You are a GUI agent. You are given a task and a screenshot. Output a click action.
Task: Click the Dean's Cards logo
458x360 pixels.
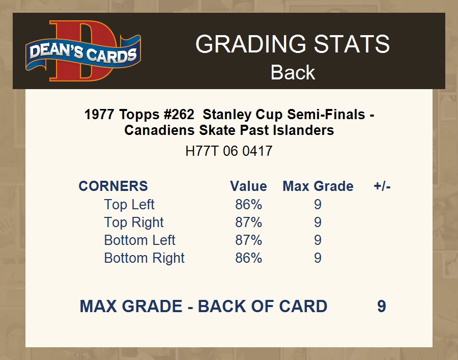tap(83, 51)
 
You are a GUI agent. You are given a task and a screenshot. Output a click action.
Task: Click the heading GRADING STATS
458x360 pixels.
tap(293, 44)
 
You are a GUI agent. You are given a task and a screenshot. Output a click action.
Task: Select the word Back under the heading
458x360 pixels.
tap(293, 72)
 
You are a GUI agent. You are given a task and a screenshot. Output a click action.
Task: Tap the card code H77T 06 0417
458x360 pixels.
tap(228, 151)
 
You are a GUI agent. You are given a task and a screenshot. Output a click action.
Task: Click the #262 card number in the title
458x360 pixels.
tap(179, 114)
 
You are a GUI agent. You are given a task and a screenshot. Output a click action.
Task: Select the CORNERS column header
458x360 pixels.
tap(113, 186)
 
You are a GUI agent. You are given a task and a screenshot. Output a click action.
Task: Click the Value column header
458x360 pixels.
tap(248, 186)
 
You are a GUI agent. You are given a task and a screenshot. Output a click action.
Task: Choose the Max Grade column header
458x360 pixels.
tap(318, 186)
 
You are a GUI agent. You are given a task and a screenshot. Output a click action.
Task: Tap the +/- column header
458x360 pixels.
tap(382, 186)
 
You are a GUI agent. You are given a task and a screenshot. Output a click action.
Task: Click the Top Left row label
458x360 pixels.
tap(129, 205)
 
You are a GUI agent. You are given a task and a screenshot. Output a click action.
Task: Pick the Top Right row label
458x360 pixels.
tap(134, 223)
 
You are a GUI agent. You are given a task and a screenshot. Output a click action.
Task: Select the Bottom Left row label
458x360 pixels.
tap(139, 240)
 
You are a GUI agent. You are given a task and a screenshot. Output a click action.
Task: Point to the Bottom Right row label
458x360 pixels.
tap(145, 258)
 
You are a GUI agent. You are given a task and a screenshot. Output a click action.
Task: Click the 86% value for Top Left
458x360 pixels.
tap(248, 205)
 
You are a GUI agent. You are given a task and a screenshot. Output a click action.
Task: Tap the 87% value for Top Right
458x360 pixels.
tap(248, 223)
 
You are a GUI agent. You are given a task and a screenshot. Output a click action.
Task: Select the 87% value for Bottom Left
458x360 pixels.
tap(248, 240)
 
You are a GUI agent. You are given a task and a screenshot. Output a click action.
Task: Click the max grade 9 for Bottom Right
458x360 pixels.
tap(318, 258)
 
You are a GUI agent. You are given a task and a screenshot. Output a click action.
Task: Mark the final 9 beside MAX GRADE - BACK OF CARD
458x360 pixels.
tap(382, 306)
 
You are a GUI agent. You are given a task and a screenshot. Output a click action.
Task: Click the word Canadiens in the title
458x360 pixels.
tap(159, 130)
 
